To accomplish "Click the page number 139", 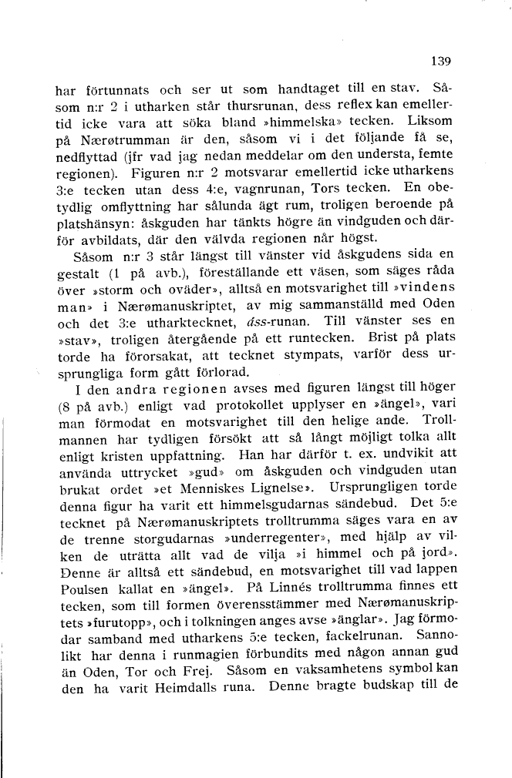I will pyautogui.click(x=440, y=61).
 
